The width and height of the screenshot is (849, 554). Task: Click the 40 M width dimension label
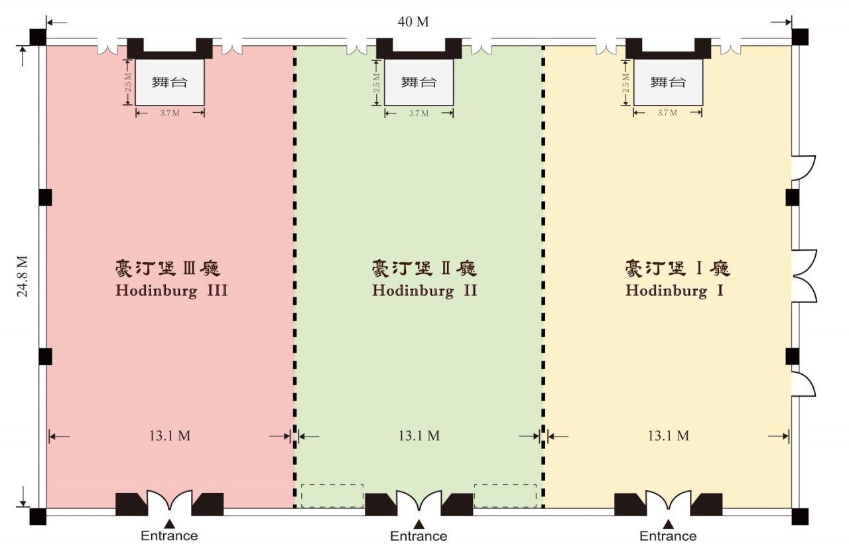[x=413, y=22]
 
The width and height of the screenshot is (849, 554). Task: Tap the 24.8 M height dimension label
[x=23, y=277]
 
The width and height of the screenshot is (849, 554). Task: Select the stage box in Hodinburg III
[x=170, y=82]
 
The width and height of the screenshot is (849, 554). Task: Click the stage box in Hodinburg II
[x=419, y=82]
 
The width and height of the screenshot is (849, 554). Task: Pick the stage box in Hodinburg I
[x=668, y=82]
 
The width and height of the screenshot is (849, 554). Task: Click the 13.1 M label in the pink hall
[x=169, y=436]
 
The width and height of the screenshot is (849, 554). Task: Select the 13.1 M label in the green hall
[x=419, y=436]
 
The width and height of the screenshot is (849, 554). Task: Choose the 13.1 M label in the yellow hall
[x=668, y=436]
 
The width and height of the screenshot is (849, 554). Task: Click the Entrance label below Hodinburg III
[x=169, y=536]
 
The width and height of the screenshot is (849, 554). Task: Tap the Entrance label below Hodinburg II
[x=419, y=536]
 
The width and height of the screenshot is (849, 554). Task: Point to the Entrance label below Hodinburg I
[x=668, y=536]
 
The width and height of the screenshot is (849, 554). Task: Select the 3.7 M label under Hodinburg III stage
[x=170, y=113]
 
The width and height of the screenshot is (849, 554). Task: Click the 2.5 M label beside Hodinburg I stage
[x=625, y=83]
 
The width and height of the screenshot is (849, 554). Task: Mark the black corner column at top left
[x=38, y=37]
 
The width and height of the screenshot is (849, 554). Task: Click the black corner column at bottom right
[x=800, y=516]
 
